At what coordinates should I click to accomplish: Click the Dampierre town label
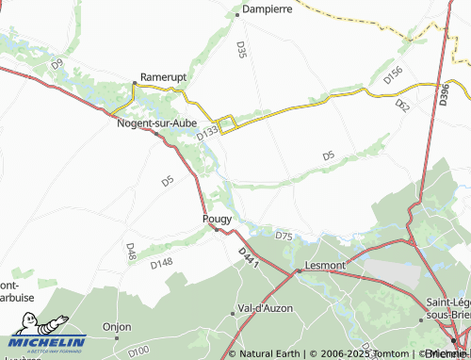[268, 8]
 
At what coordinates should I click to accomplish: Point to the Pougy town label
[217, 219]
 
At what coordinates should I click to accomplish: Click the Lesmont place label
[325, 266]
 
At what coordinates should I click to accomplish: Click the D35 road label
[242, 50]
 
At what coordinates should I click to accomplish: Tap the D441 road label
[248, 257]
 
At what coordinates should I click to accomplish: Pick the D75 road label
[284, 236]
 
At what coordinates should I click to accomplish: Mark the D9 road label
[57, 64]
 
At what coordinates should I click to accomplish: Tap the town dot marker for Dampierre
[236, 13]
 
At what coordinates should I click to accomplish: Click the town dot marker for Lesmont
[299, 270]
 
